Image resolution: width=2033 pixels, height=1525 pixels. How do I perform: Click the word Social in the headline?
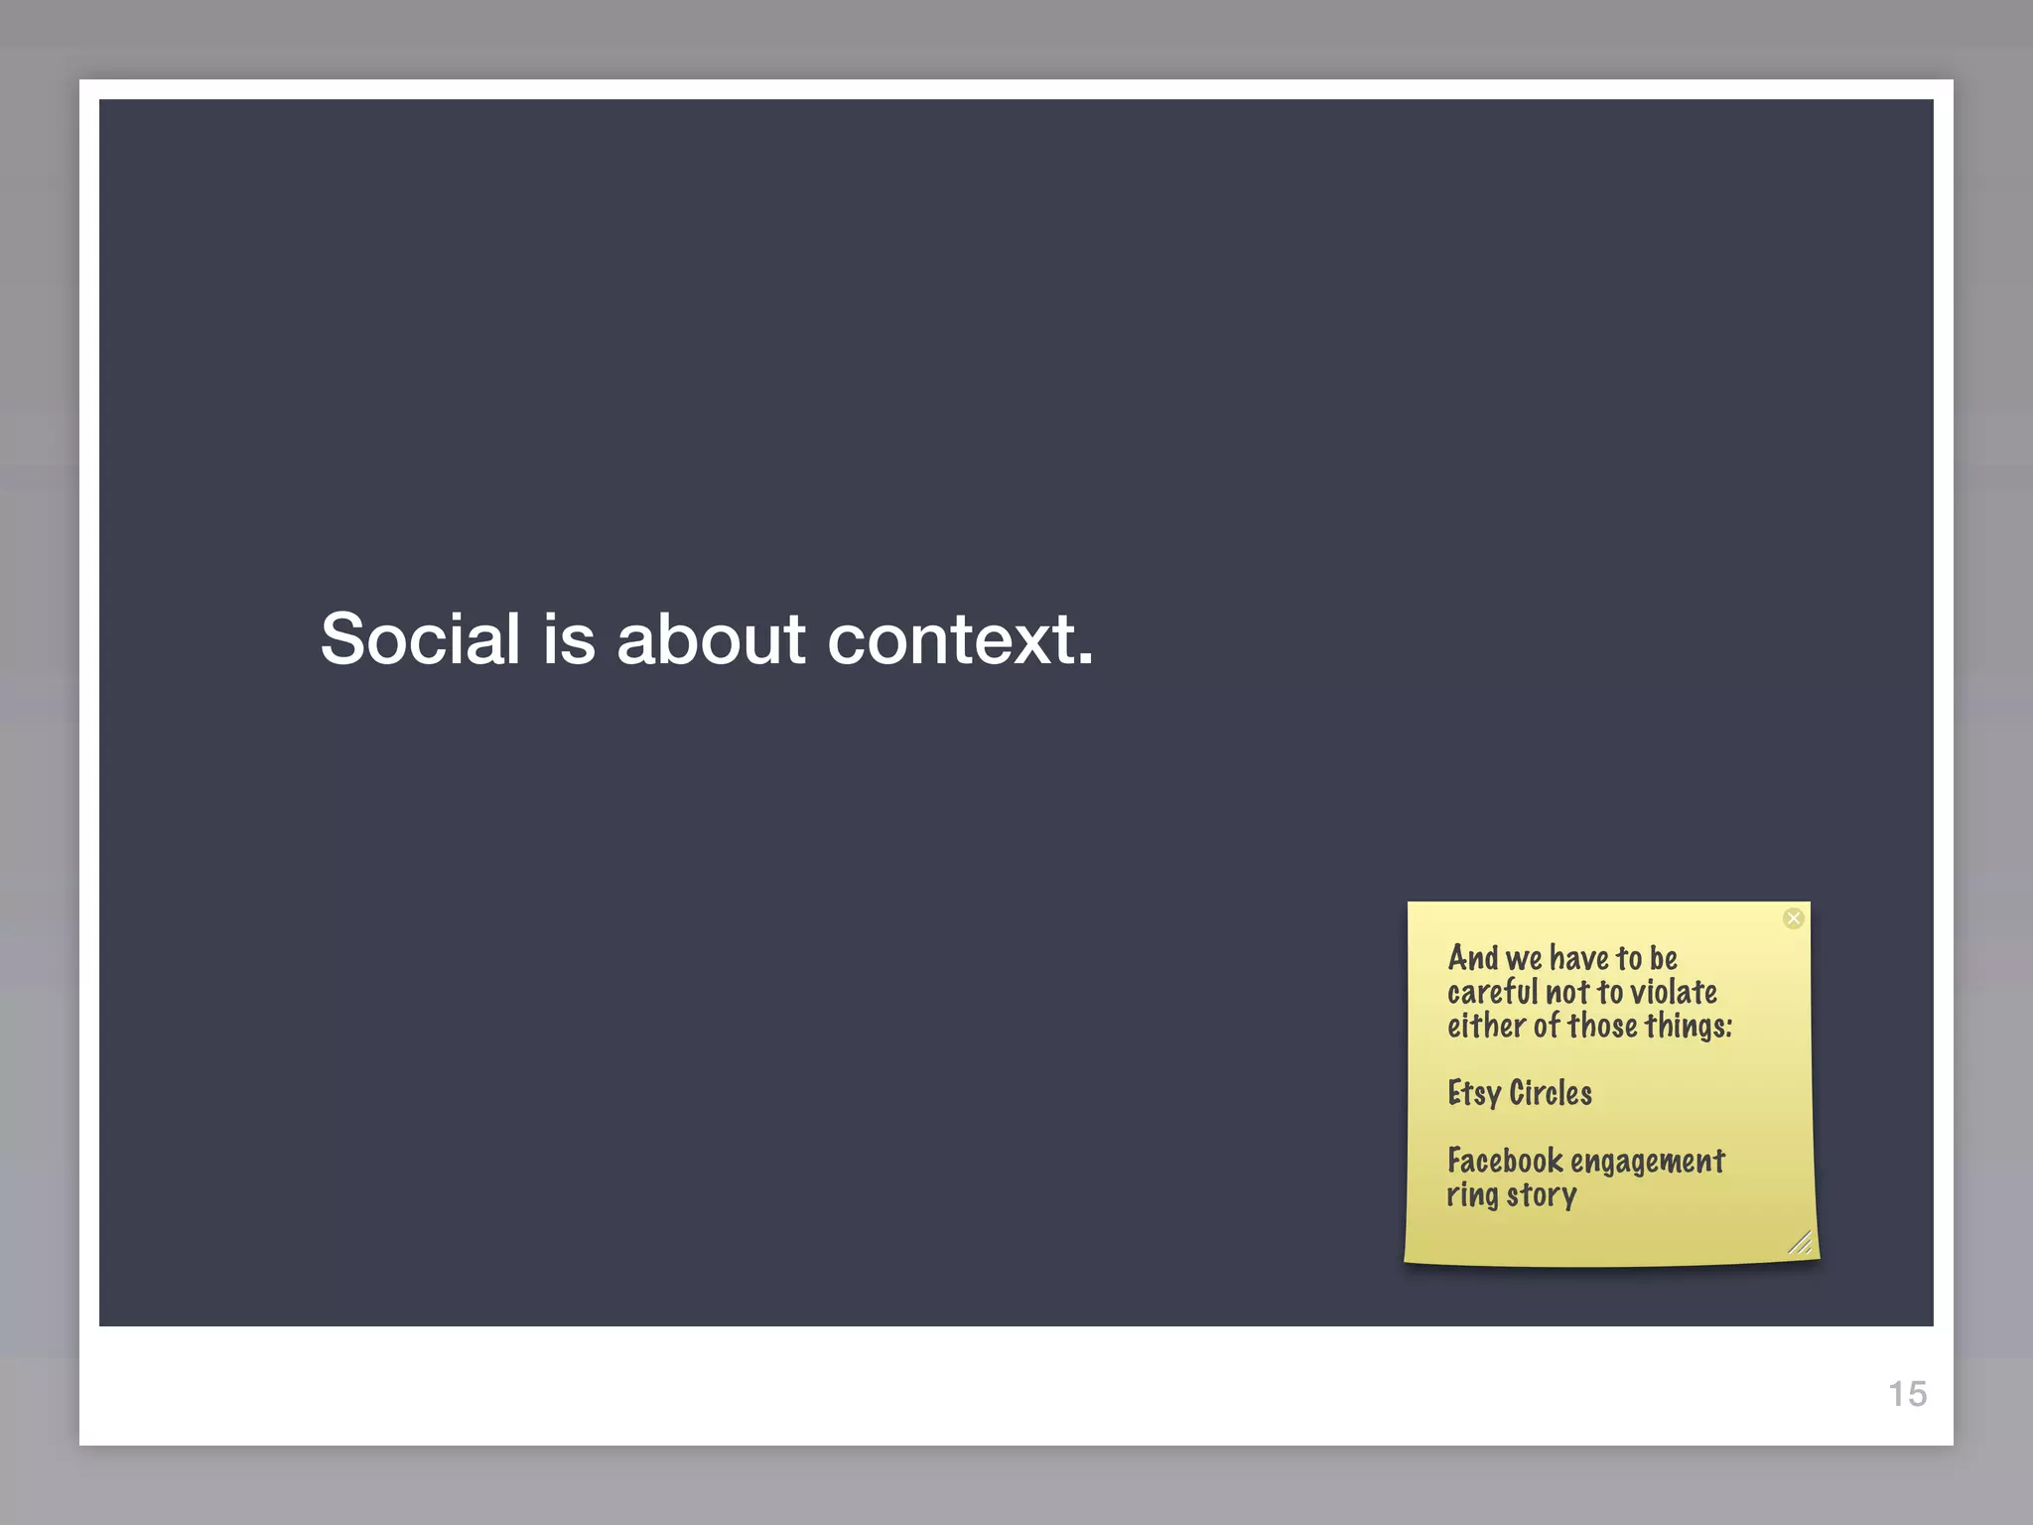[420, 638]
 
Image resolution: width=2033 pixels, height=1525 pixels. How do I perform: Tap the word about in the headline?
[711, 638]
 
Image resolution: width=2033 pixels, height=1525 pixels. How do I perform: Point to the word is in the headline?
[569, 638]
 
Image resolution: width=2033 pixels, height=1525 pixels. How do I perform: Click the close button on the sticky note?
[1793, 918]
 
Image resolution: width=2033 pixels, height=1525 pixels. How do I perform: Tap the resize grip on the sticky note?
[1800, 1242]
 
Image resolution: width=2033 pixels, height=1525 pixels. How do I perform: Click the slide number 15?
[1907, 1394]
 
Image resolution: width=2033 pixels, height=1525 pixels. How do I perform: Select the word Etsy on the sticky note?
[1474, 1093]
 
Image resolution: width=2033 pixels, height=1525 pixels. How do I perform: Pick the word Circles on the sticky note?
[1551, 1093]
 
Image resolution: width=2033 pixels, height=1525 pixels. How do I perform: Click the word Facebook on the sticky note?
[1505, 1161]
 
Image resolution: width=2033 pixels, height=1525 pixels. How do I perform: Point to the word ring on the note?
[1472, 1195]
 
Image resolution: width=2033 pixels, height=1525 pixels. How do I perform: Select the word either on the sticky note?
[1486, 1026]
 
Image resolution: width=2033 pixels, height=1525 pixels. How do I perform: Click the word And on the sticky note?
[1473, 958]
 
